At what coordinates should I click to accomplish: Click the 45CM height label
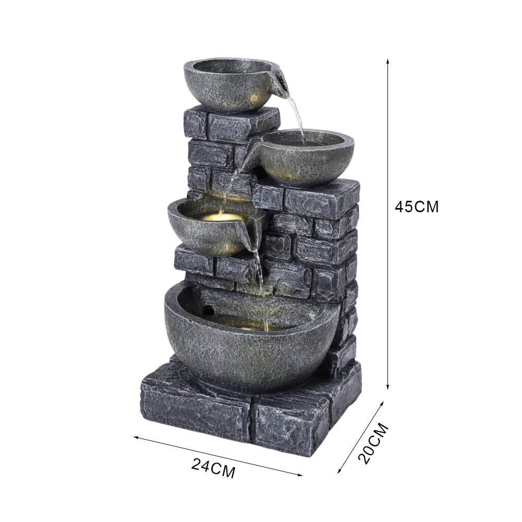pyautogui.click(x=417, y=207)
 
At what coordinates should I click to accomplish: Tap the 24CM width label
pyautogui.click(x=214, y=468)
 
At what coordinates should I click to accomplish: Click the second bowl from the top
pyautogui.click(x=305, y=158)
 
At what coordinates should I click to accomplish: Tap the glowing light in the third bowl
pyautogui.click(x=222, y=217)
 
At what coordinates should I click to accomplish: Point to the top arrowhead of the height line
pyautogui.click(x=387, y=61)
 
